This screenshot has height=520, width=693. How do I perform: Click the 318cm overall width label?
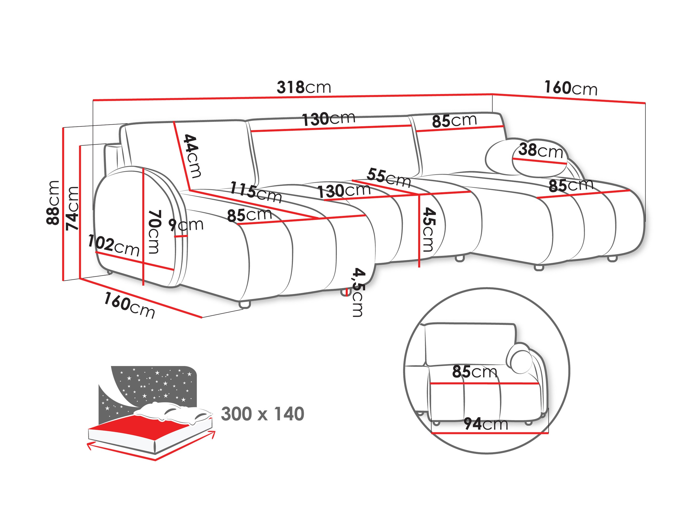coord(304,87)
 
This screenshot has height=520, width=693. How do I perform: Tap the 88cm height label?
coord(53,203)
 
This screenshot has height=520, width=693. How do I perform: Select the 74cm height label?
coord(72,209)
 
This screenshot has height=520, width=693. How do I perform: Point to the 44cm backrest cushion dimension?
coord(192,156)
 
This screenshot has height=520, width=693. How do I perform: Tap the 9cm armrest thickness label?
coord(186,225)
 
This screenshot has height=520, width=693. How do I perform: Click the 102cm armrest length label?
coord(113,245)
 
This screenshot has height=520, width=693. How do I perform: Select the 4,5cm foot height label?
coord(357,292)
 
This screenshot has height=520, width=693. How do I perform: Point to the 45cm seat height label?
coord(428,230)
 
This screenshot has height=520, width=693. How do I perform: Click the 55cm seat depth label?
coord(389,177)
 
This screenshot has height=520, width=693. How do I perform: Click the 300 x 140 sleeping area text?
coord(262,414)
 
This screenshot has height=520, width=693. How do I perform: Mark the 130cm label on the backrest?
coord(328,119)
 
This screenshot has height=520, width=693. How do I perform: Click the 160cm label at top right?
coord(571,88)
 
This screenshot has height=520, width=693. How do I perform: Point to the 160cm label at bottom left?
coord(129,305)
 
